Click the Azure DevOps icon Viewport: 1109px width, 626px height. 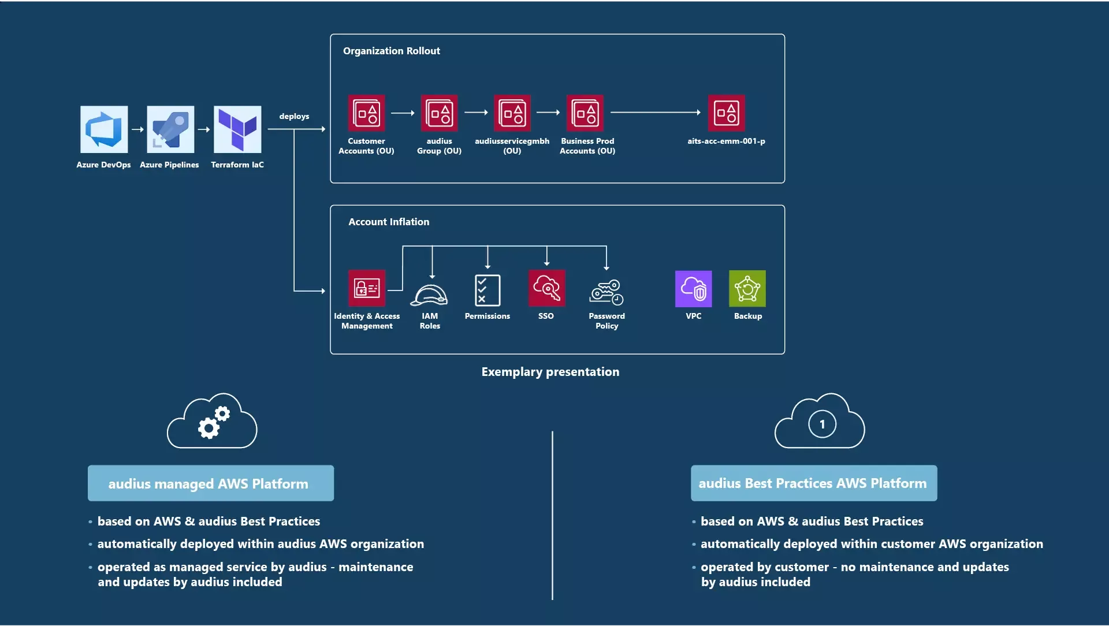[104, 129]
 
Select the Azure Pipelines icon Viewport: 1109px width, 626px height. [170, 129]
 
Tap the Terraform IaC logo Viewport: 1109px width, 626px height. [237, 129]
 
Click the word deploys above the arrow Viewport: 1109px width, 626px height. [294, 116]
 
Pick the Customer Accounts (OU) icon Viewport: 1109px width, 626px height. [366, 113]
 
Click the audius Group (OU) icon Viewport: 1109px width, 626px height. [439, 113]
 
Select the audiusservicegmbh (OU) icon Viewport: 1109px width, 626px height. [512, 113]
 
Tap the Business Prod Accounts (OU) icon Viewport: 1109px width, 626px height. [585, 113]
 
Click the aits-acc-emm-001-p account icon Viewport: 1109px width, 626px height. [726, 113]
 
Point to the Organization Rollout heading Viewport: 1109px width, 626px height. [392, 51]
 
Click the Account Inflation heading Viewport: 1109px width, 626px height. [389, 222]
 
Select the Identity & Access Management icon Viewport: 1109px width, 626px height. [367, 288]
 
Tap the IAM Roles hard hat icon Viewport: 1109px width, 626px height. [429, 295]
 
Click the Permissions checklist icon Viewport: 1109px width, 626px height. [487, 290]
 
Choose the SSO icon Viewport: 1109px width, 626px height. [546, 288]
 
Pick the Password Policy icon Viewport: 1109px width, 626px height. [606, 292]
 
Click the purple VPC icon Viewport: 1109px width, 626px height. [693, 289]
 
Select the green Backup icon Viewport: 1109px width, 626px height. [747, 289]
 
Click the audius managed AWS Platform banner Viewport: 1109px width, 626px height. [211, 483]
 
